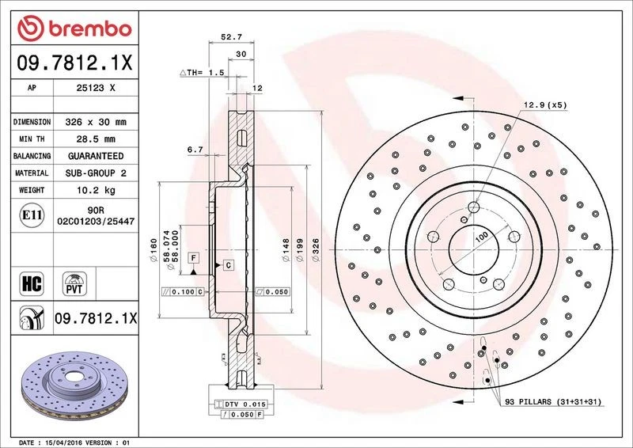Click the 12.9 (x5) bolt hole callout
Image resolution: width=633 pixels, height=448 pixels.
click(545, 104)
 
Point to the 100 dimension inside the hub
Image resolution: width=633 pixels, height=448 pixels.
click(480, 237)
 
